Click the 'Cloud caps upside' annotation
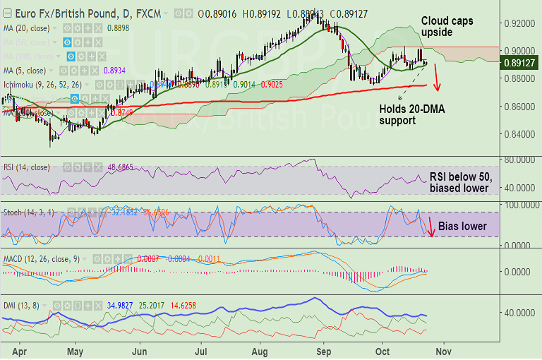click(447, 27)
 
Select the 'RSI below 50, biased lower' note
click(459, 183)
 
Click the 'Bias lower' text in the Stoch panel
click(462, 227)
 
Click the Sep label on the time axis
click(324, 349)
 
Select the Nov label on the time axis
click(443, 349)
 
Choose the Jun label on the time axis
click(140, 349)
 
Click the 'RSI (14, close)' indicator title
click(26, 167)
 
